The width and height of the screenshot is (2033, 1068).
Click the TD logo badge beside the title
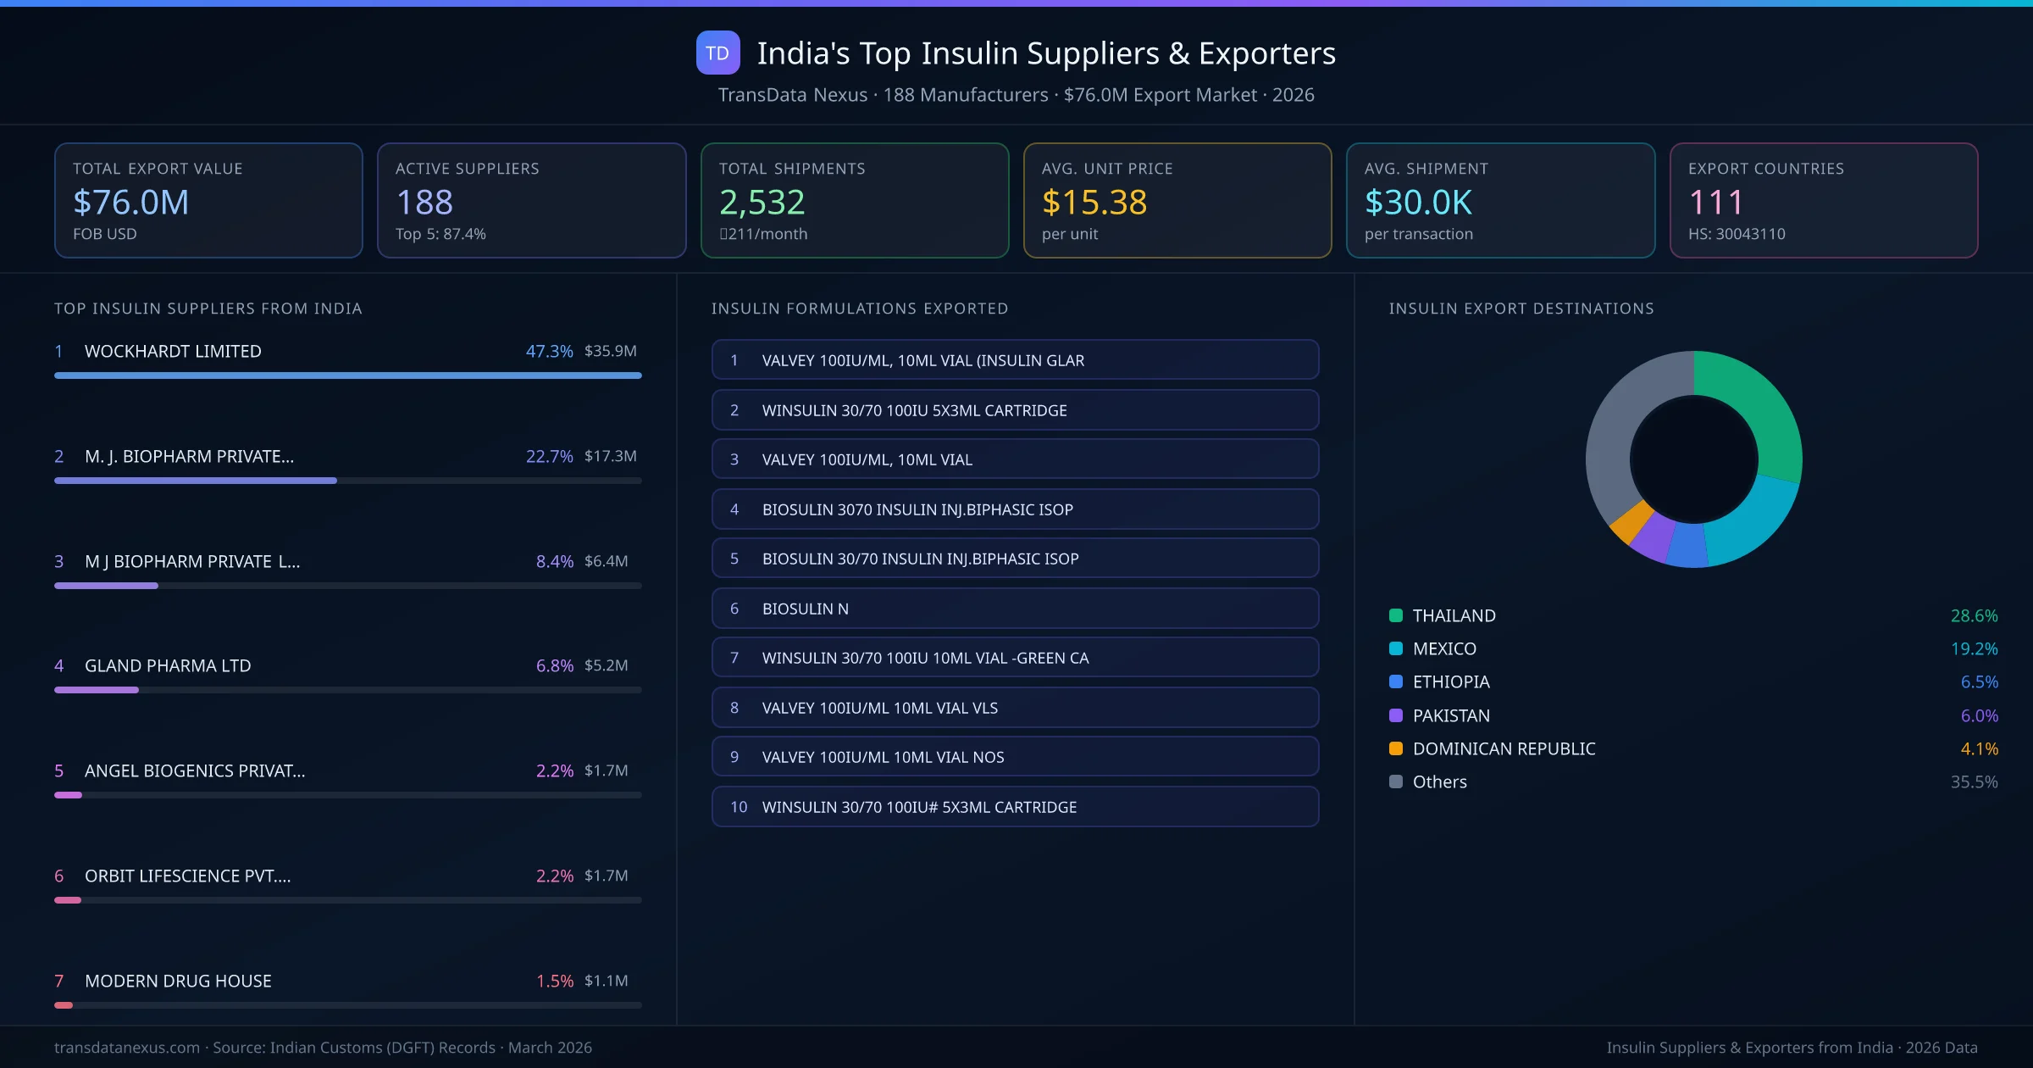(717, 53)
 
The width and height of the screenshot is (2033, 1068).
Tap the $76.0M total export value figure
(131, 202)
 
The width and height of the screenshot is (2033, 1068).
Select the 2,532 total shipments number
(762, 202)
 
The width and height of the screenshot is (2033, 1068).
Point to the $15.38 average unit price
(1094, 202)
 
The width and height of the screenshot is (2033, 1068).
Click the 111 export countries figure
(1715, 202)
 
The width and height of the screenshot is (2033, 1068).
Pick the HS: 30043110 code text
(1736, 234)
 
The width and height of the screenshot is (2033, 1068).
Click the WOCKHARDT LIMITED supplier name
(173, 351)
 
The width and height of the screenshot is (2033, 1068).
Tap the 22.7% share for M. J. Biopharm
(549, 456)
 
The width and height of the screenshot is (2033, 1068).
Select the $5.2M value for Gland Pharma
(606, 665)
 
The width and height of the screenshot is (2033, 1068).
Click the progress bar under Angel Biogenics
(347, 795)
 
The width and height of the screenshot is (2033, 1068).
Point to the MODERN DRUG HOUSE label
(178, 981)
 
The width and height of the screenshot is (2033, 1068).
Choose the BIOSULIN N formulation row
(1015, 609)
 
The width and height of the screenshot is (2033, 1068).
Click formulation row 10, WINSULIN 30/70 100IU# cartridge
(1015, 807)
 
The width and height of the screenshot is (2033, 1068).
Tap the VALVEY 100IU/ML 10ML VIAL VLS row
(1015, 708)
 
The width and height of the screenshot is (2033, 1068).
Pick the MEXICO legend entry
(1444, 648)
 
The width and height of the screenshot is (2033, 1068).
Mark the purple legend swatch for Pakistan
(1396, 715)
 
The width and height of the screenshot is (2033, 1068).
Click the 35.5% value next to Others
(1974, 782)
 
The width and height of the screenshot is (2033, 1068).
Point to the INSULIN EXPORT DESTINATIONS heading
(1521, 309)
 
